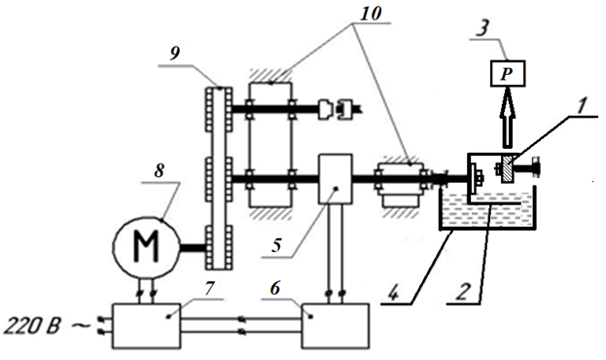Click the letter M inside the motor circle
pos(146,246)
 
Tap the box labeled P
pos(508,74)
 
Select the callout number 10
pos(371,14)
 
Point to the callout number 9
pos(175,54)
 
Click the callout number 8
pos(160,170)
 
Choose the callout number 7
pos(209,288)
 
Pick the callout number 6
pos(274,288)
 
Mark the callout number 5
pos(276,245)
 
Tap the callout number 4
pos(393,294)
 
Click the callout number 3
pos(481,28)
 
